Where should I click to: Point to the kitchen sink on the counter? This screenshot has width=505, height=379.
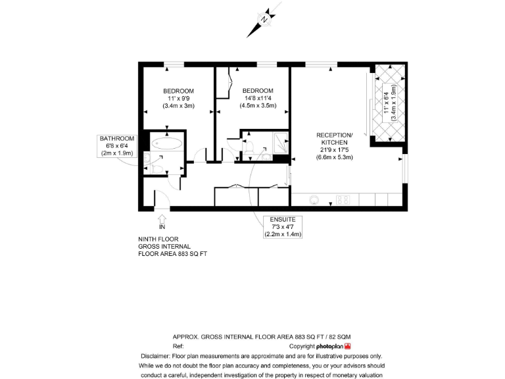click(314, 199)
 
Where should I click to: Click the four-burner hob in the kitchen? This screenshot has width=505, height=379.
click(343, 199)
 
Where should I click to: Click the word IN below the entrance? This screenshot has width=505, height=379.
click(162, 227)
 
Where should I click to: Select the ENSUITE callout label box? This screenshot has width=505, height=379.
click(283, 226)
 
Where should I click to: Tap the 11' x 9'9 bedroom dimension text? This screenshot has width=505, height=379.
click(178, 98)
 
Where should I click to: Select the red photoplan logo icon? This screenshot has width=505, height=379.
click(348, 345)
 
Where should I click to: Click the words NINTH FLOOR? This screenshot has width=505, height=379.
click(158, 240)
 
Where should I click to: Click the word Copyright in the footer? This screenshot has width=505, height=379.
click(302, 345)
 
